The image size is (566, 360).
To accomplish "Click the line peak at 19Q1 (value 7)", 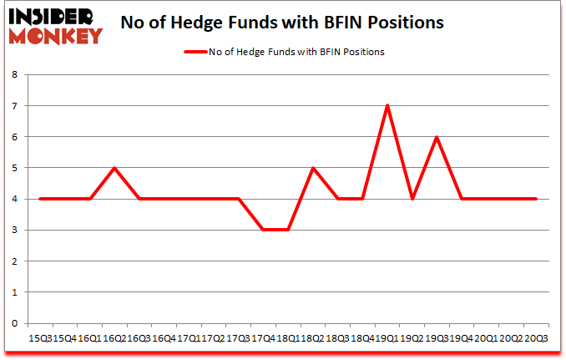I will (x=387, y=105).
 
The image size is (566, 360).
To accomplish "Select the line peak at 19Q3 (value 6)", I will (x=437, y=137).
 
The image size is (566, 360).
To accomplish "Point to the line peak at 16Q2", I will (x=114, y=168).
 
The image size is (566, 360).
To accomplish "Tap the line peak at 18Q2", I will (x=313, y=168).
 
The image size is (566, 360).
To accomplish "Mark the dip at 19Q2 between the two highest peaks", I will (x=412, y=199).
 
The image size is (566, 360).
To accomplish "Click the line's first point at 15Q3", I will (x=40, y=199).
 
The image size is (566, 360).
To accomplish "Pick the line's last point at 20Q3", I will (x=536, y=199).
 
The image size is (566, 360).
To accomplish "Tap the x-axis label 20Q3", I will (x=536, y=338).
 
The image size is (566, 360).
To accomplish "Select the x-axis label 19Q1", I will (x=387, y=338).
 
